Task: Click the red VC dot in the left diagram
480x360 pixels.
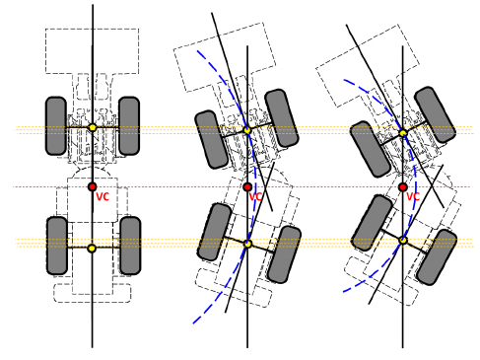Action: tap(93, 186)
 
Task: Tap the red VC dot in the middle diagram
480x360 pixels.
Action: tap(247, 186)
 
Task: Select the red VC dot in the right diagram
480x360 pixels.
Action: tap(403, 187)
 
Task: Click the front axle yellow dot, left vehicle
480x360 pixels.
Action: tap(93, 127)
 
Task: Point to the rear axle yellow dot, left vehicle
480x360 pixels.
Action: tap(93, 249)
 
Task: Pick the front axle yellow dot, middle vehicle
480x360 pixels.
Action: tap(247, 130)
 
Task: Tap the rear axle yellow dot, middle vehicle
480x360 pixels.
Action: tap(248, 244)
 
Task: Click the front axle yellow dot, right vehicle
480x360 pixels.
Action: tap(403, 133)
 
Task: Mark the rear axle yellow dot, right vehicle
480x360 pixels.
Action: tap(403, 241)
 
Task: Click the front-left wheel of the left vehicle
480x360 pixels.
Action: tap(56, 125)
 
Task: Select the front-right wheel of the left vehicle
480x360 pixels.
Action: tap(129, 125)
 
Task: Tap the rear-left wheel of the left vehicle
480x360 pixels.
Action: tap(57, 246)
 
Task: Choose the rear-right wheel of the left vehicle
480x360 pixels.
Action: tap(130, 246)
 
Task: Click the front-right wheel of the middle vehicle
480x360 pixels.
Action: tap(282, 117)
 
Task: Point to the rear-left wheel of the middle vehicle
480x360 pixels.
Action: tap(214, 232)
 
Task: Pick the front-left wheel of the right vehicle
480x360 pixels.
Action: tap(371, 149)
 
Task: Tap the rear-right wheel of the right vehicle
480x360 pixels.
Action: tap(437, 257)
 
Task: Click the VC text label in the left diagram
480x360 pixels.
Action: tap(103, 196)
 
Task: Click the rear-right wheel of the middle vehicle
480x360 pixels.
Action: tap(284, 254)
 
